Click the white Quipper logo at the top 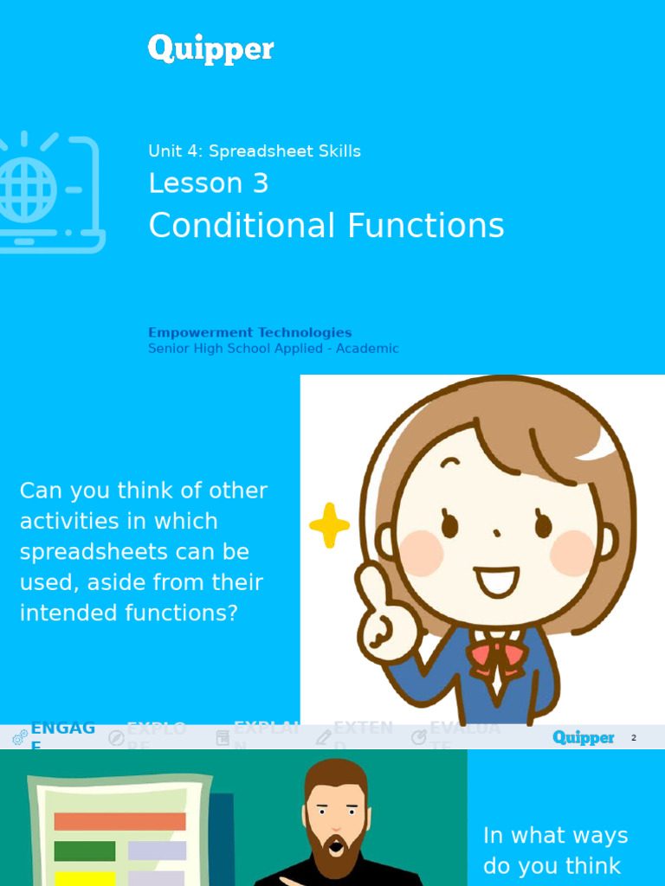coord(210,49)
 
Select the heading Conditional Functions coord(326,226)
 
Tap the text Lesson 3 coord(208,183)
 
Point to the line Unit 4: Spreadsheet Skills coord(254,151)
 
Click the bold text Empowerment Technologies coord(249,332)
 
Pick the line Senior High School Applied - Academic coord(273,349)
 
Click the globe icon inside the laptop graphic coord(26,189)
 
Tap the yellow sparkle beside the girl coord(329,525)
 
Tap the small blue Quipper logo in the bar coord(583,737)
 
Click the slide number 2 coord(633,738)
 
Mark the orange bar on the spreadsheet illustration coord(119,821)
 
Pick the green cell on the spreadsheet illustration coord(84,851)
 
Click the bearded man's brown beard coord(335,844)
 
